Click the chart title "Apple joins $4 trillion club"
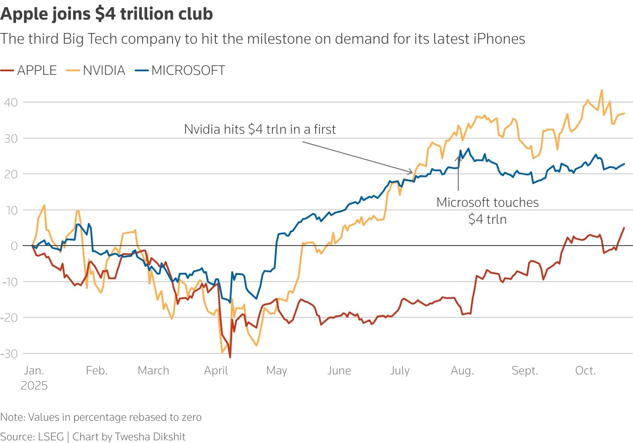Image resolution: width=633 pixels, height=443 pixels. click(x=107, y=14)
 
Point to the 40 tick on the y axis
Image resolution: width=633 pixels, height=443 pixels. click(x=11, y=102)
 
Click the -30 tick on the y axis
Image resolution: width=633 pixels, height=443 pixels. click(x=9, y=354)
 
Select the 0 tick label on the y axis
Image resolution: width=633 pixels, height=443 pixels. click(x=14, y=246)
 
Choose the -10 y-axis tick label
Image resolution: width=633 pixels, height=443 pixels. click(x=9, y=282)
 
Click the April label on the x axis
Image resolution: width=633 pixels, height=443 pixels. click(x=216, y=371)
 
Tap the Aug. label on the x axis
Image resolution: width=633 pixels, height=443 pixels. click(x=462, y=371)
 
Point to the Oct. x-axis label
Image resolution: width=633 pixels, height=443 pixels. click(x=585, y=371)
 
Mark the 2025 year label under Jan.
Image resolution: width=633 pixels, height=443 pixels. click(x=34, y=386)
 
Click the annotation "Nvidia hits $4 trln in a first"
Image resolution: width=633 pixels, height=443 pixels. click(x=260, y=129)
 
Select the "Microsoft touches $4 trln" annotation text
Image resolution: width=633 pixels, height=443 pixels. click(x=487, y=210)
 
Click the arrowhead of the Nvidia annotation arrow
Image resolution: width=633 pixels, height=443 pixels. click(x=412, y=172)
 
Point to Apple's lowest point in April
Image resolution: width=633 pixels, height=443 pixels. click(x=230, y=357)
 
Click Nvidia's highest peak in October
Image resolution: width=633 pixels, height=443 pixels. click(x=602, y=90)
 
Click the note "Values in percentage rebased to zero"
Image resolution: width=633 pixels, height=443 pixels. click(x=115, y=417)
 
